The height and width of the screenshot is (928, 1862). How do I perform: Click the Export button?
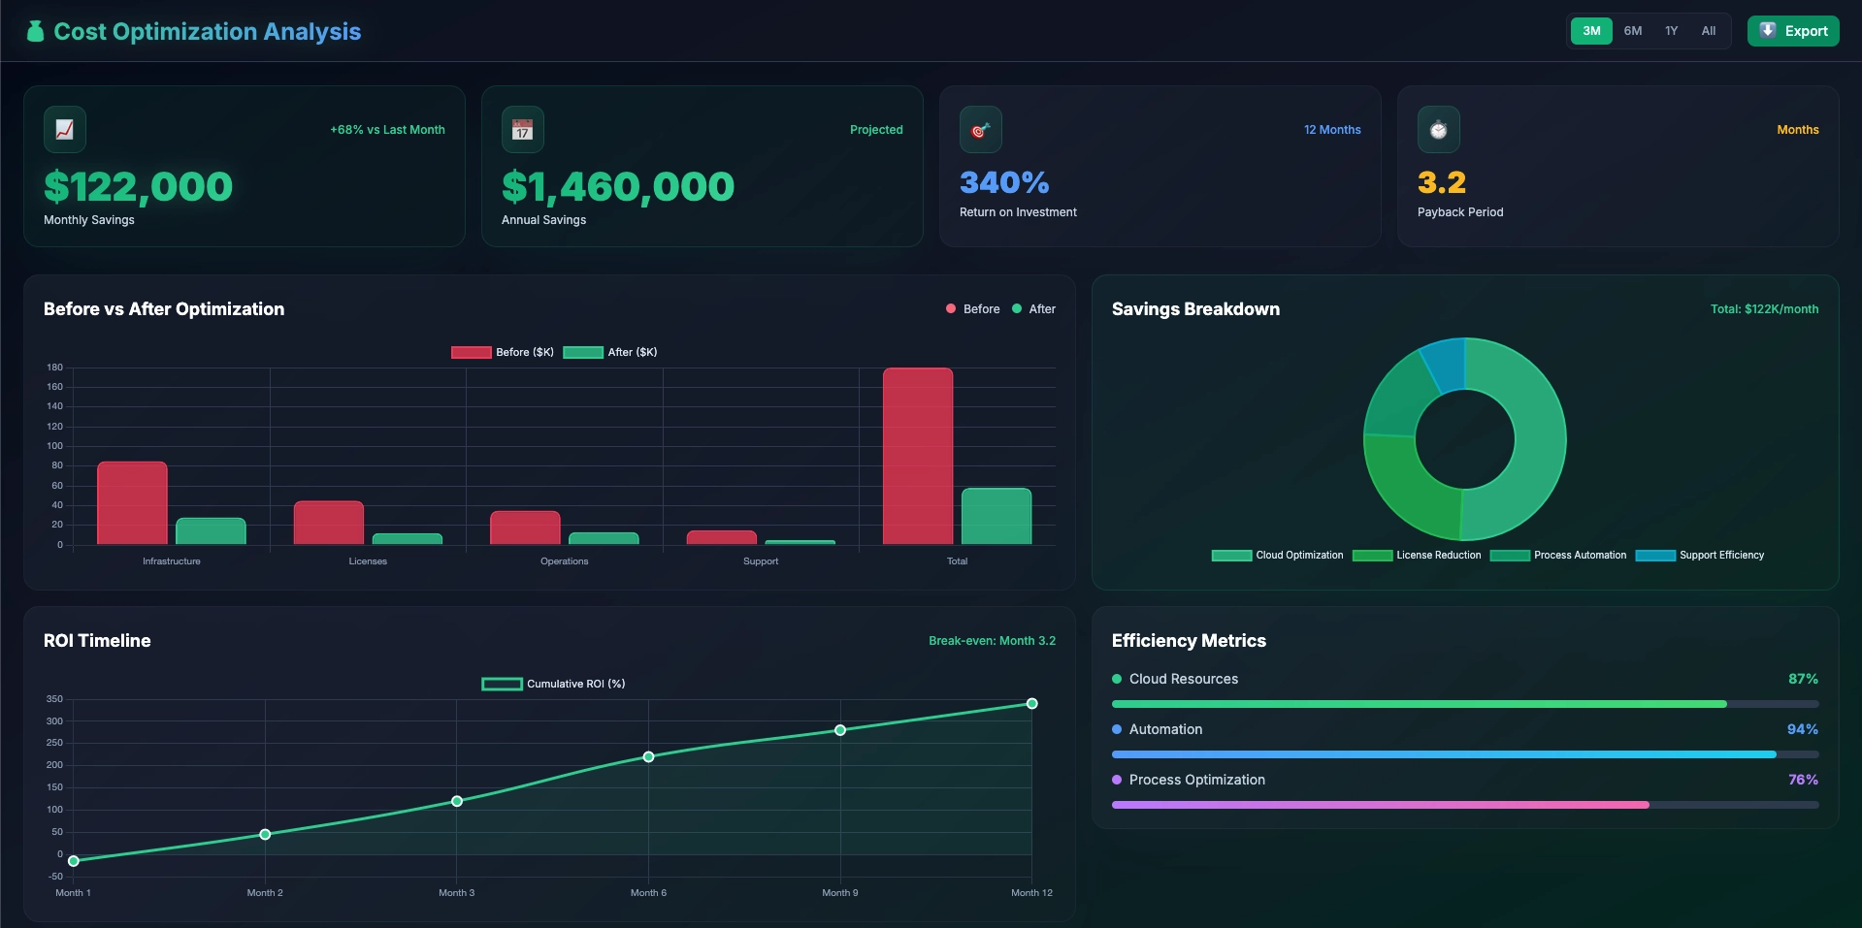1793,31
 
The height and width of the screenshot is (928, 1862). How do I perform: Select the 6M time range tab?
1633,31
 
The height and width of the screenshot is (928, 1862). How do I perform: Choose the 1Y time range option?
1671,31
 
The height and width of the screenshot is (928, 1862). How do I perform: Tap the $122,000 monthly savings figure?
138,186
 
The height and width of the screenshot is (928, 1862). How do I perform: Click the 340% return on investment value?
1004,182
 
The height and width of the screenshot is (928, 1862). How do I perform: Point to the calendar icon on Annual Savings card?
522,130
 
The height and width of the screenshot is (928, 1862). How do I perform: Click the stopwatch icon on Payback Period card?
1438,130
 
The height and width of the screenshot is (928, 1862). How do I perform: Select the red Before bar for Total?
918,456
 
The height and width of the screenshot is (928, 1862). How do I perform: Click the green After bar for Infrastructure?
211,530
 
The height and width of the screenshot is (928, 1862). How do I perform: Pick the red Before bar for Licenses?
329,523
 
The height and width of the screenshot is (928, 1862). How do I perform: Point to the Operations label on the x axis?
564,561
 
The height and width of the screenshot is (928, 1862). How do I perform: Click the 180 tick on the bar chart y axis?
55,368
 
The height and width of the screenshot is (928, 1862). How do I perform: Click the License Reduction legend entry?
1418,556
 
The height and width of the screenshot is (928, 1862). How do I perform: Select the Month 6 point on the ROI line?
648,756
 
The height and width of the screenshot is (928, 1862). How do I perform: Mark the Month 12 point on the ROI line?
1031,704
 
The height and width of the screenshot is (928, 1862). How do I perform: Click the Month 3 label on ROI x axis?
456,893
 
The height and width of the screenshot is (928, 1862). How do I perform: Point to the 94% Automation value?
1802,729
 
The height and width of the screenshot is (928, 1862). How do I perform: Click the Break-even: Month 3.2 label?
992,641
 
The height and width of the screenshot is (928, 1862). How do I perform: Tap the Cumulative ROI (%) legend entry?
554,684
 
